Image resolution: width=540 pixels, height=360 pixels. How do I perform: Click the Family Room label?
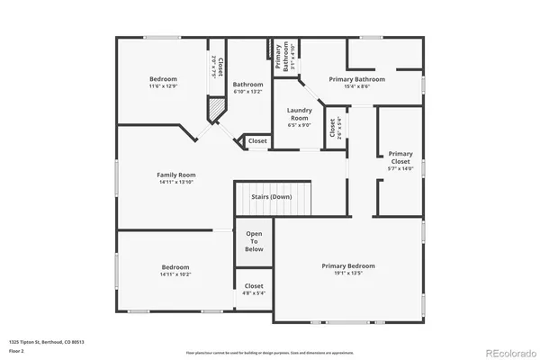175,175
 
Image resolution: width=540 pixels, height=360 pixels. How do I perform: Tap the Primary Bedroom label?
348,265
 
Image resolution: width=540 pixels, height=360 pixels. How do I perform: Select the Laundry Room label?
299,114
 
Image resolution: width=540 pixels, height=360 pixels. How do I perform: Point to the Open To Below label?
254,242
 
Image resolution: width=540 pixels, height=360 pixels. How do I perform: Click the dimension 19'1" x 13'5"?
348,274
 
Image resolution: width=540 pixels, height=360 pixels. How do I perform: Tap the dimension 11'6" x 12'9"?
163,87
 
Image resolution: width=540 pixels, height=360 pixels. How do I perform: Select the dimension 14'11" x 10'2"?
175,274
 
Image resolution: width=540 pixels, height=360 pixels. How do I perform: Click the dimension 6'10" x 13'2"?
247,92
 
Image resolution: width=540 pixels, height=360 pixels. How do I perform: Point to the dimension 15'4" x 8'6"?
356,87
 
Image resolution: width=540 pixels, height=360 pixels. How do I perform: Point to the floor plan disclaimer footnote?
269,352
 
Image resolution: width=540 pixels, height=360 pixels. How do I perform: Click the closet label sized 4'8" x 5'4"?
254,286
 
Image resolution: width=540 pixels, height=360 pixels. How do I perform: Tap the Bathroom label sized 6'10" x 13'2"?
247,85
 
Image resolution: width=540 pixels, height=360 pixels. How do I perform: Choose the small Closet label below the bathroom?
257,141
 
